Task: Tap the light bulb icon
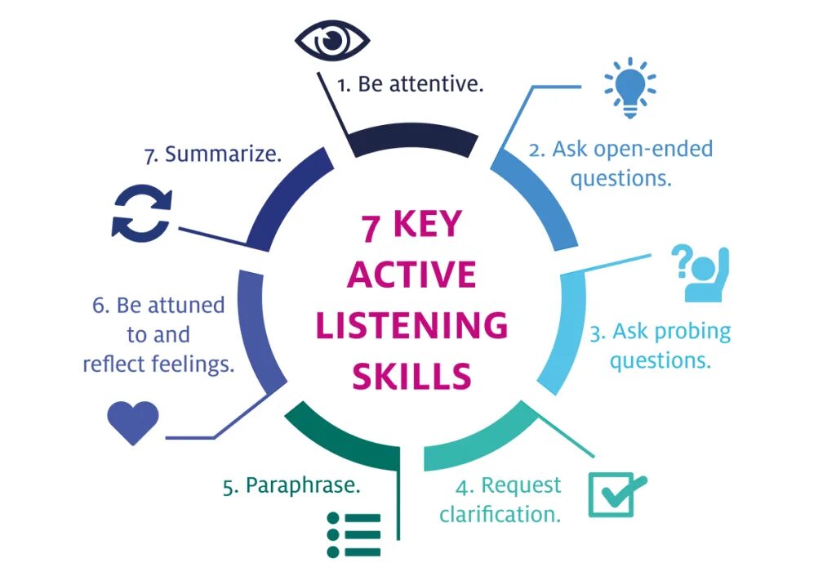click(629, 86)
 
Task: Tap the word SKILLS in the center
click(412, 377)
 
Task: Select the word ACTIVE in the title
click(411, 275)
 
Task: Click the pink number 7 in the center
click(371, 227)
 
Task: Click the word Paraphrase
click(304, 485)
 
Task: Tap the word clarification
click(500, 515)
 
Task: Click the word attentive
click(436, 84)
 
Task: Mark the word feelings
click(193, 364)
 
